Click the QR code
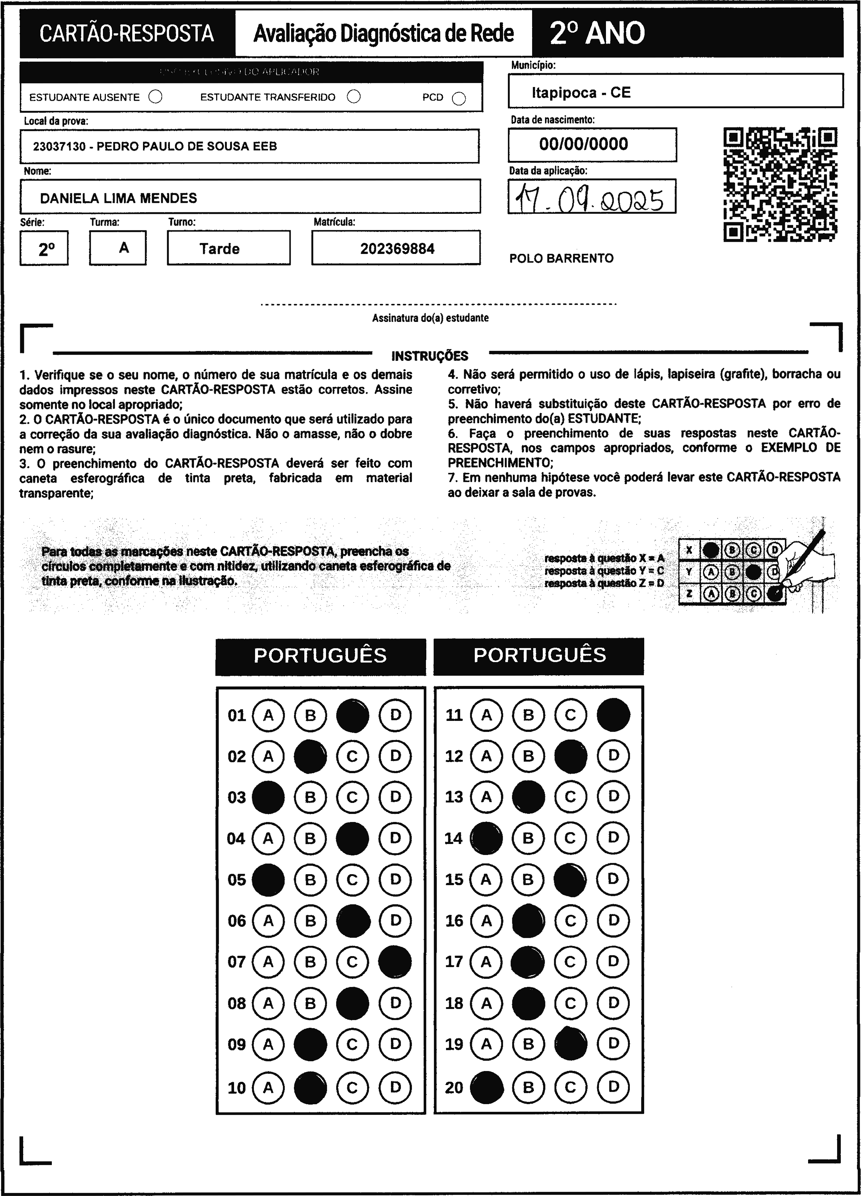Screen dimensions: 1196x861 pos(780,184)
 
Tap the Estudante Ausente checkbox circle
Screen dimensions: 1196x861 pos(155,97)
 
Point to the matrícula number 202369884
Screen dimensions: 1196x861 pos(397,248)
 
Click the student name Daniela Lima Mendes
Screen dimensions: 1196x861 pos(119,198)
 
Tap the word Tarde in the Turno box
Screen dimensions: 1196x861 pos(219,248)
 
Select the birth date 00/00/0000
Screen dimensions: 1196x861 pos(583,144)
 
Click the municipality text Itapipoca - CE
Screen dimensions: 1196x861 pos(581,93)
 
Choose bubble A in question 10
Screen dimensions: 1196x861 pos(268,1087)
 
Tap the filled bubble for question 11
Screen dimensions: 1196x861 pos(613,715)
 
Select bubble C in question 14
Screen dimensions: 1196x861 pos(570,838)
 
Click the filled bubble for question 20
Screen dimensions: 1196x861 pos(486,1087)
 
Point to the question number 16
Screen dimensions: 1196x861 pos(454,921)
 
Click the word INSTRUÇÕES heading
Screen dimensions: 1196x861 pos(430,356)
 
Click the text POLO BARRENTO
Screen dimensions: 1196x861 pos(561,258)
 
